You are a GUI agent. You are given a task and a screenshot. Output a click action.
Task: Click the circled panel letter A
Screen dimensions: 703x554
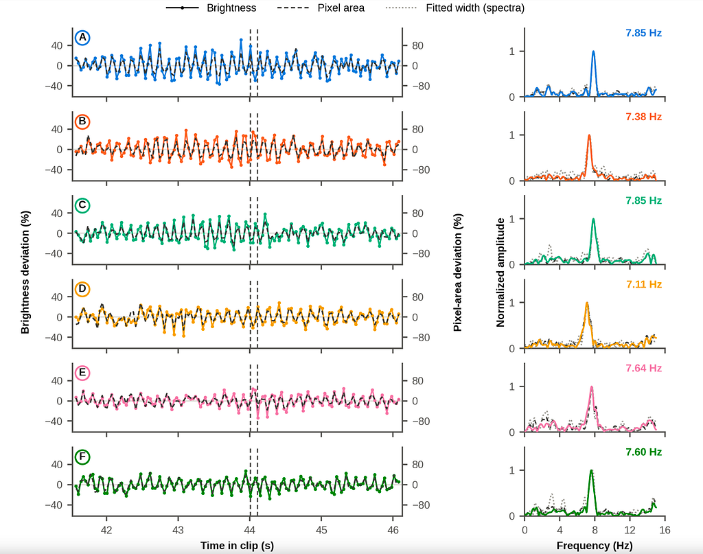[x=82, y=38]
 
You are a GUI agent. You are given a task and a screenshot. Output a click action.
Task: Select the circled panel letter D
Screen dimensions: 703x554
[x=82, y=289]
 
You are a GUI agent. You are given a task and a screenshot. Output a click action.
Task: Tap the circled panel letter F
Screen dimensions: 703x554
[x=82, y=457]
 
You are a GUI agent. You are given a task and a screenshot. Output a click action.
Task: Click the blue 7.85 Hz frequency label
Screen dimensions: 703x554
[x=643, y=33]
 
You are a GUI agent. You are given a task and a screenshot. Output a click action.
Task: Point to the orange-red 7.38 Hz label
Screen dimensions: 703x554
[x=643, y=117]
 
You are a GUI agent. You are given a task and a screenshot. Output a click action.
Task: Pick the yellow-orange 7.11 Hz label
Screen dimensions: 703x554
[x=643, y=284]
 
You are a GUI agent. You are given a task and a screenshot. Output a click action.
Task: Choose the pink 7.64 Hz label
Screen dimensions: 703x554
[x=643, y=368]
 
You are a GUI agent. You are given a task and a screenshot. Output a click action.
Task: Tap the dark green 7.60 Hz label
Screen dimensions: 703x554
[x=643, y=452]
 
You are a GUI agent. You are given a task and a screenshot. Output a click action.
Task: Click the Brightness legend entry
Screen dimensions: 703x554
[x=211, y=8]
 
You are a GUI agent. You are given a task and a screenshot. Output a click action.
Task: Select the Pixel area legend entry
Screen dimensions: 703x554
[x=321, y=8]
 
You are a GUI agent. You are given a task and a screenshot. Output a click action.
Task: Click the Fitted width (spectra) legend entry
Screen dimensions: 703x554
[x=455, y=8]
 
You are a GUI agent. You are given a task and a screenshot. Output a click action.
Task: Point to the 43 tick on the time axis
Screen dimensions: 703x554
[x=178, y=530]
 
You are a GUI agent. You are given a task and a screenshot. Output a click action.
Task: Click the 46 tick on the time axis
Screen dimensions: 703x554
[x=393, y=530]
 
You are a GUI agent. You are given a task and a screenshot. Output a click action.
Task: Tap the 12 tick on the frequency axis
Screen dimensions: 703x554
[x=630, y=530]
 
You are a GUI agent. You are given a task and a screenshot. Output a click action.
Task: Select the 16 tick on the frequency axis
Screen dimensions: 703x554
[x=665, y=530]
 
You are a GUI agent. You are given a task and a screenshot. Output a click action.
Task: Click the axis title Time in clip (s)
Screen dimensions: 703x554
[x=237, y=546]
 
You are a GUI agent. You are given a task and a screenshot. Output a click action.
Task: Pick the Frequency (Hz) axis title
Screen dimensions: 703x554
[x=595, y=546]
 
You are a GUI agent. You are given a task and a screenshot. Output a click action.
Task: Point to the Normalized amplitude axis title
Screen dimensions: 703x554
[x=500, y=272]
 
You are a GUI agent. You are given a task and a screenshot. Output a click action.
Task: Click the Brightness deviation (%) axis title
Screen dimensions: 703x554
[x=25, y=272]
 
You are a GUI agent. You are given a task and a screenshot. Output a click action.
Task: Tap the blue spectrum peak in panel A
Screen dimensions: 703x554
[x=594, y=51]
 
